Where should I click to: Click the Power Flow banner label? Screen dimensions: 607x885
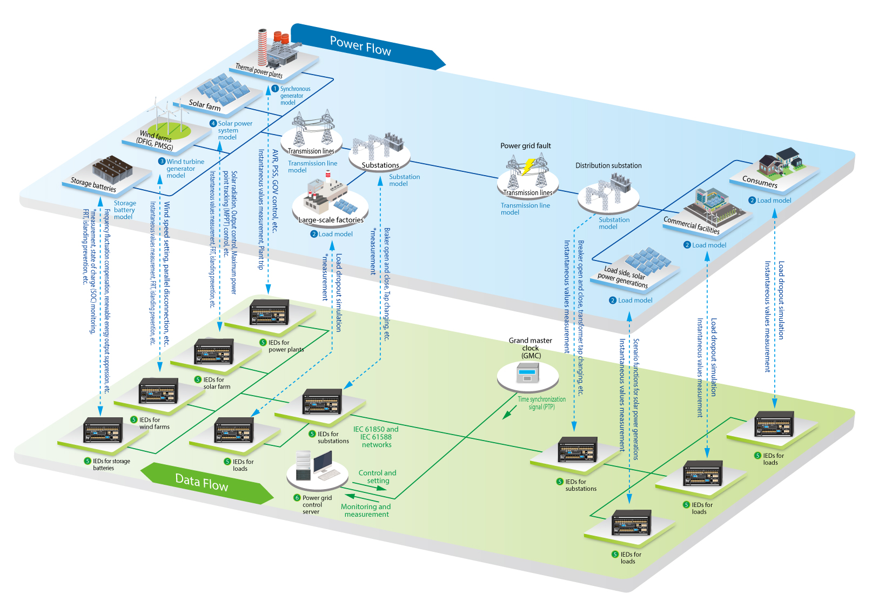click(x=360, y=46)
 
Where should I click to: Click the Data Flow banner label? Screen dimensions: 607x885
click(x=202, y=482)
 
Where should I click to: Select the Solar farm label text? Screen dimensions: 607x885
click(x=205, y=104)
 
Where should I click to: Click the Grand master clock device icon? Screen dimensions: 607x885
click(x=527, y=373)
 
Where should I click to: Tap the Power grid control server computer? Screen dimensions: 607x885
click(x=316, y=466)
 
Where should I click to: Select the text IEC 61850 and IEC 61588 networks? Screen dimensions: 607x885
click(x=376, y=437)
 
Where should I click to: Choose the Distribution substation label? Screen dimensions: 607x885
click(x=608, y=165)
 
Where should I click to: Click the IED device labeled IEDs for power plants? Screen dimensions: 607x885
click(x=269, y=312)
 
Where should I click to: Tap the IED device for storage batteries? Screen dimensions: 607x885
click(x=103, y=430)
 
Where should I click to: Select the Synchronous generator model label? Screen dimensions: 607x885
click(x=294, y=96)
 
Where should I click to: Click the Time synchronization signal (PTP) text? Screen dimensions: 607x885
click(x=541, y=403)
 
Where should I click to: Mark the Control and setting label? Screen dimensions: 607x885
click(x=377, y=477)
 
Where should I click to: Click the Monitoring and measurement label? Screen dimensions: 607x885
click(x=366, y=510)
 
